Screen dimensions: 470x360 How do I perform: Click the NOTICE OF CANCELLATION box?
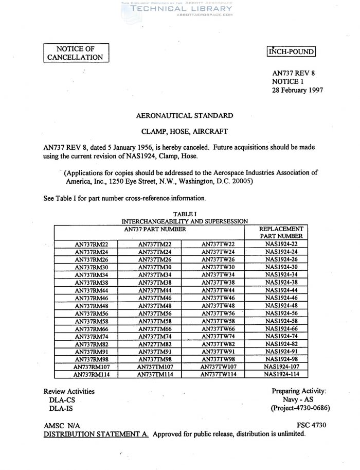tap(76, 53)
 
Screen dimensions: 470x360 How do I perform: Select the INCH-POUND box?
tap(291, 51)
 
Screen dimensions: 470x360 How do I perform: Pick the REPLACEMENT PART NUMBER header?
tap(281, 232)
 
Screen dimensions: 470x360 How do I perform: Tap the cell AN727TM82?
tap(155, 344)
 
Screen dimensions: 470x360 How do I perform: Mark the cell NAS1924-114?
tap(281, 375)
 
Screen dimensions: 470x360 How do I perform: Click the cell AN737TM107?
tap(155, 367)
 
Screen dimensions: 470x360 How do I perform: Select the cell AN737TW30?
tap(218, 267)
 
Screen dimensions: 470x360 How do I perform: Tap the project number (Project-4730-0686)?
tap(300, 408)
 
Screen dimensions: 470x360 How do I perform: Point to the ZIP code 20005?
tap(240, 181)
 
